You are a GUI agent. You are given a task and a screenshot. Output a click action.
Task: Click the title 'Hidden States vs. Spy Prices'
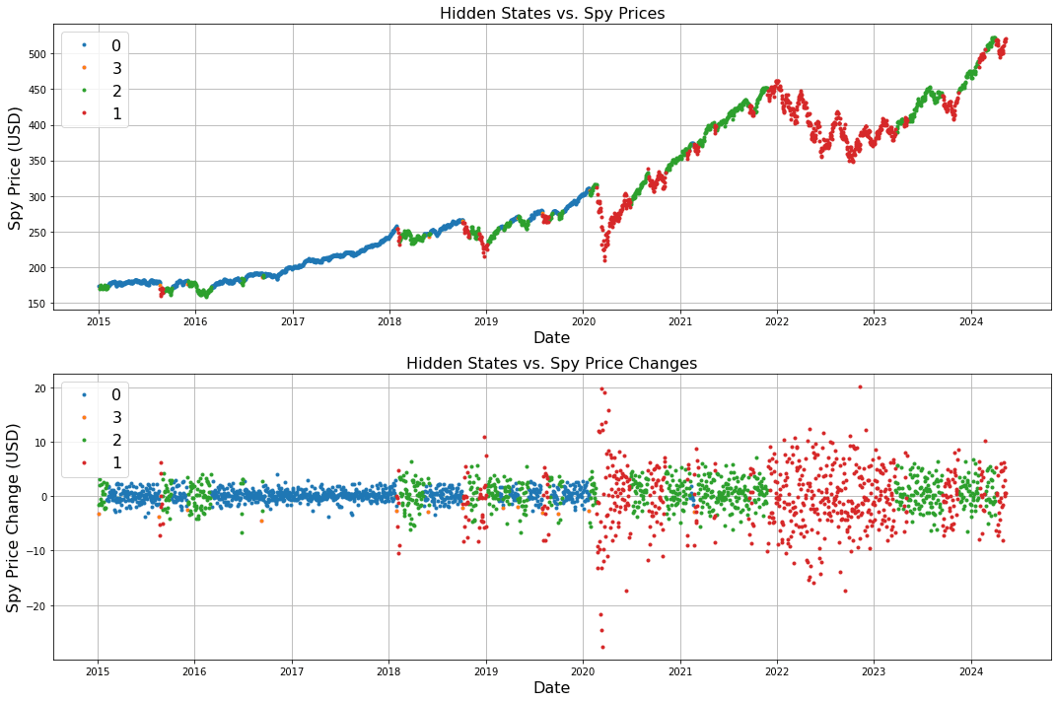point(551,14)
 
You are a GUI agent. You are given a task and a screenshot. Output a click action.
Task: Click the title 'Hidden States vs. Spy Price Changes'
point(551,364)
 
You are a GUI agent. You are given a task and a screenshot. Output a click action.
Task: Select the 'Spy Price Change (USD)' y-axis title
point(15,518)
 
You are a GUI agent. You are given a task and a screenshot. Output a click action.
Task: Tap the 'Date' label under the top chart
point(551,338)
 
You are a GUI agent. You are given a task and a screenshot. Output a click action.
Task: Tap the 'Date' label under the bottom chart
point(551,688)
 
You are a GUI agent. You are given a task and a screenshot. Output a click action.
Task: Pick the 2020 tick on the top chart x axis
point(583,320)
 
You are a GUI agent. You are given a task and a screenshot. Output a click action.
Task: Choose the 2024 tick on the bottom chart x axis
point(971,670)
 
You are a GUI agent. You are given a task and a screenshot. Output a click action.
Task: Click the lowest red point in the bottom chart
point(602,648)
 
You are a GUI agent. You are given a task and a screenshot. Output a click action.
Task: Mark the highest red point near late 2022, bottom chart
point(860,386)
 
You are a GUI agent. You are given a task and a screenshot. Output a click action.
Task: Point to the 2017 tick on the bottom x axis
point(292,670)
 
